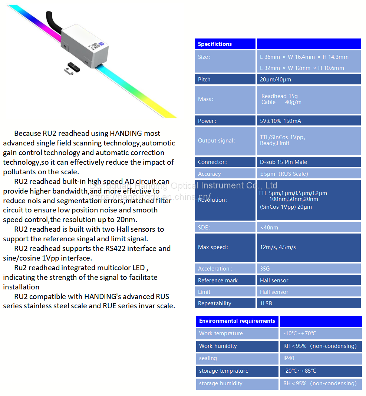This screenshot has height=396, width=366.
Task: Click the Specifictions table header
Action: tap(215, 44)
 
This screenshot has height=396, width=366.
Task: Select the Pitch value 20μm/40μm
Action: tap(275, 80)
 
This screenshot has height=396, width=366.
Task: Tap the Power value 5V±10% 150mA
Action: tap(280, 121)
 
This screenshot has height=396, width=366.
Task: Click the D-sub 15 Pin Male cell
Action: tap(283, 162)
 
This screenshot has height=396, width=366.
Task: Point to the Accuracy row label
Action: tap(209, 174)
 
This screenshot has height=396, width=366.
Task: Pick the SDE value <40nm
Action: tap(269, 228)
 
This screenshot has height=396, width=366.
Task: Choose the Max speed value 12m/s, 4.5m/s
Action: tap(278, 247)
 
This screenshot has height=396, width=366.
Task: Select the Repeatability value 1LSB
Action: tap(267, 303)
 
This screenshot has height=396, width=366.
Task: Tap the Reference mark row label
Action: tap(218, 281)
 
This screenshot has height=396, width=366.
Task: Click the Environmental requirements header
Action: tap(237, 321)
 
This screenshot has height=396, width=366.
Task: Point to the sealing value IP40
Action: tap(289, 358)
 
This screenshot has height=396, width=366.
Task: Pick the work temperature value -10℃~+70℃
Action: tap(300, 333)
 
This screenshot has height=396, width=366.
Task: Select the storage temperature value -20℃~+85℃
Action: tap(300, 371)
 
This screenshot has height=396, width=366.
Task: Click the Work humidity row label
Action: tap(218, 346)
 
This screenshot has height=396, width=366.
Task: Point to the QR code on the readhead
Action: tap(95, 46)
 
